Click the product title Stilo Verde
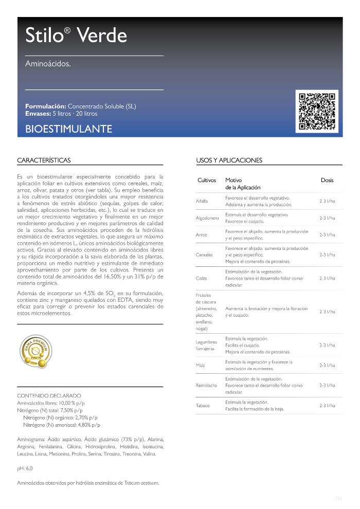pos(76,35)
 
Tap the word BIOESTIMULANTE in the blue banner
pos(68,129)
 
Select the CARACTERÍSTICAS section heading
pos(44,160)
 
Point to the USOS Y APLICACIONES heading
pos(229,160)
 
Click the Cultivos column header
pos(207,180)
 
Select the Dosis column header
pos(327,180)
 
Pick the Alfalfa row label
pos(202,201)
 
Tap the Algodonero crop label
pos(207,218)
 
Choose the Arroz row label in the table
pos(202,234)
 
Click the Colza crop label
pos(202,278)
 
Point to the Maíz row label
pos(201,365)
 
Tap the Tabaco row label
pos(203,406)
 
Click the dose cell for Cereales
pos(327,254)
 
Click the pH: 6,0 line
pos(25,469)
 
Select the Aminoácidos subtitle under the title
pos(48,64)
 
